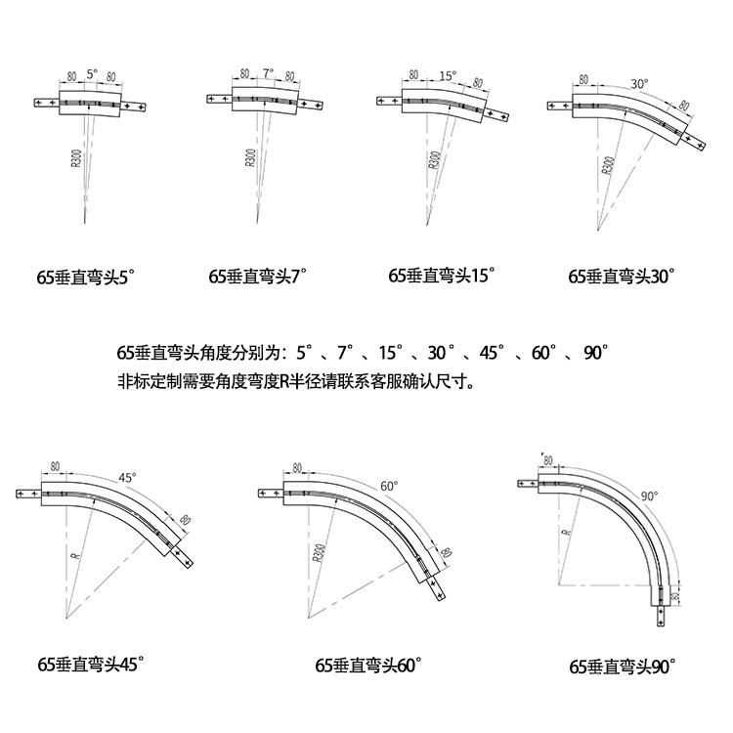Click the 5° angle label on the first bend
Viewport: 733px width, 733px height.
(x=92, y=74)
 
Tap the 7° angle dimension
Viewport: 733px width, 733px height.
(x=268, y=73)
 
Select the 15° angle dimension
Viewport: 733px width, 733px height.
(x=448, y=74)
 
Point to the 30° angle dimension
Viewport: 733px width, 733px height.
(x=640, y=83)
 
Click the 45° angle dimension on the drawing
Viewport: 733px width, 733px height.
(x=128, y=478)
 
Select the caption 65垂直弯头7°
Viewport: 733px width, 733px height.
(x=258, y=276)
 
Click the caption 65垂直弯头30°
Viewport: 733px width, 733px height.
(x=623, y=276)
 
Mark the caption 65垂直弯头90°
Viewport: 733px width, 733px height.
(x=623, y=668)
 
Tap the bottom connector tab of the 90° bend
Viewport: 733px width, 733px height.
(x=663, y=617)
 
